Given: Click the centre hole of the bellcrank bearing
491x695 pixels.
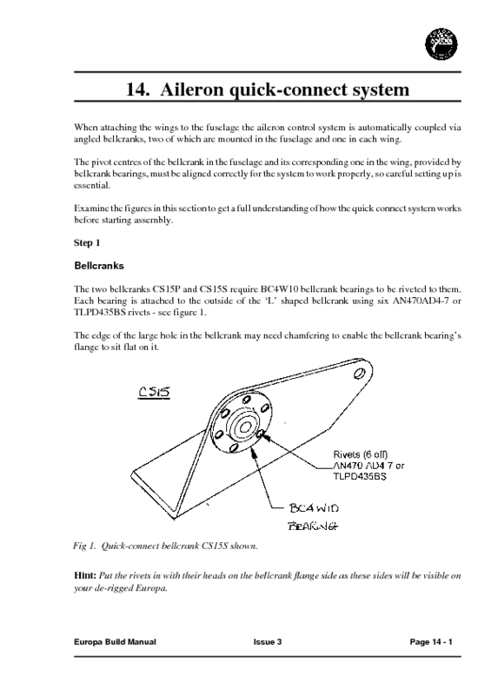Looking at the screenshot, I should pyautogui.click(x=243, y=427).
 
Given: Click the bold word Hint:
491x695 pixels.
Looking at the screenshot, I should pyautogui.click(x=85, y=576).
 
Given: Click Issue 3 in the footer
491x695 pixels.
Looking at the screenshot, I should pyautogui.click(x=268, y=641).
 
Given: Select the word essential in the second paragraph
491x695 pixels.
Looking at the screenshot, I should pyautogui.click(x=92, y=185).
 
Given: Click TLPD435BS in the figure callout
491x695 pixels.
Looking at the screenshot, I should pyautogui.click(x=359, y=477).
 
